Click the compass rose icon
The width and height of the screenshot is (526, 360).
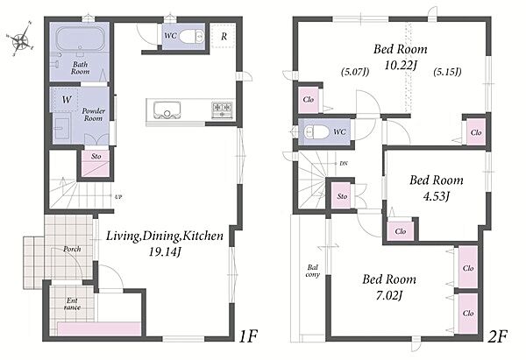pyautogui.click(x=21, y=39)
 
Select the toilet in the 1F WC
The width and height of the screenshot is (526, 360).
pyautogui.click(x=191, y=36)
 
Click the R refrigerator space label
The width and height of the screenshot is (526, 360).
pyautogui.click(x=224, y=36)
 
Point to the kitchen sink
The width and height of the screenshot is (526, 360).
pyautogui.click(x=167, y=110)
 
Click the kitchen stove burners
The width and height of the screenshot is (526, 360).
pyautogui.click(x=222, y=110)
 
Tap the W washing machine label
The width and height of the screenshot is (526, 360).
pyautogui.click(x=67, y=100)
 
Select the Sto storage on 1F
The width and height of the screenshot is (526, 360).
pyautogui.click(x=96, y=163)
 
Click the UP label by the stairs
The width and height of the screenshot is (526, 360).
pyautogui.click(x=118, y=197)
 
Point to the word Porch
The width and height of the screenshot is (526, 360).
pyautogui.click(x=72, y=249)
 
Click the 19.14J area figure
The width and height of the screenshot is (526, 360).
pyautogui.click(x=166, y=252)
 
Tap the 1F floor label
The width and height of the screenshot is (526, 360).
pyautogui.click(x=248, y=336)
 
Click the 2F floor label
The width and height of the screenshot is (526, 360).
pyautogui.click(x=497, y=336)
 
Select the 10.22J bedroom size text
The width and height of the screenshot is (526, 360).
pyautogui.click(x=401, y=65)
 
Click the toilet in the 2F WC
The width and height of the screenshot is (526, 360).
pyautogui.click(x=316, y=131)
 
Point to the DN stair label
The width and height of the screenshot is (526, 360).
pyautogui.click(x=344, y=163)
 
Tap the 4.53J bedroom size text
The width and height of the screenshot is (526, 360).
pyautogui.click(x=436, y=196)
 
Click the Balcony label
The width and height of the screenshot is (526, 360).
pyautogui.click(x=312, y=271)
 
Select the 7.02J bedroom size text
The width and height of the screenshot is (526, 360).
pyautogui.click(x=389, y=295)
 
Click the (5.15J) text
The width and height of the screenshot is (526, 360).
pyautogui.click(x=447, y=72)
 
